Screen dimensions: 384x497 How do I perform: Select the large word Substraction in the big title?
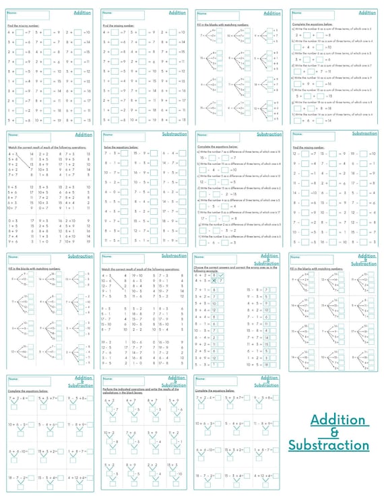[329, 445]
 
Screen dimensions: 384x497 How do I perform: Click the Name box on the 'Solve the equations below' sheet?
[123, 135]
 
